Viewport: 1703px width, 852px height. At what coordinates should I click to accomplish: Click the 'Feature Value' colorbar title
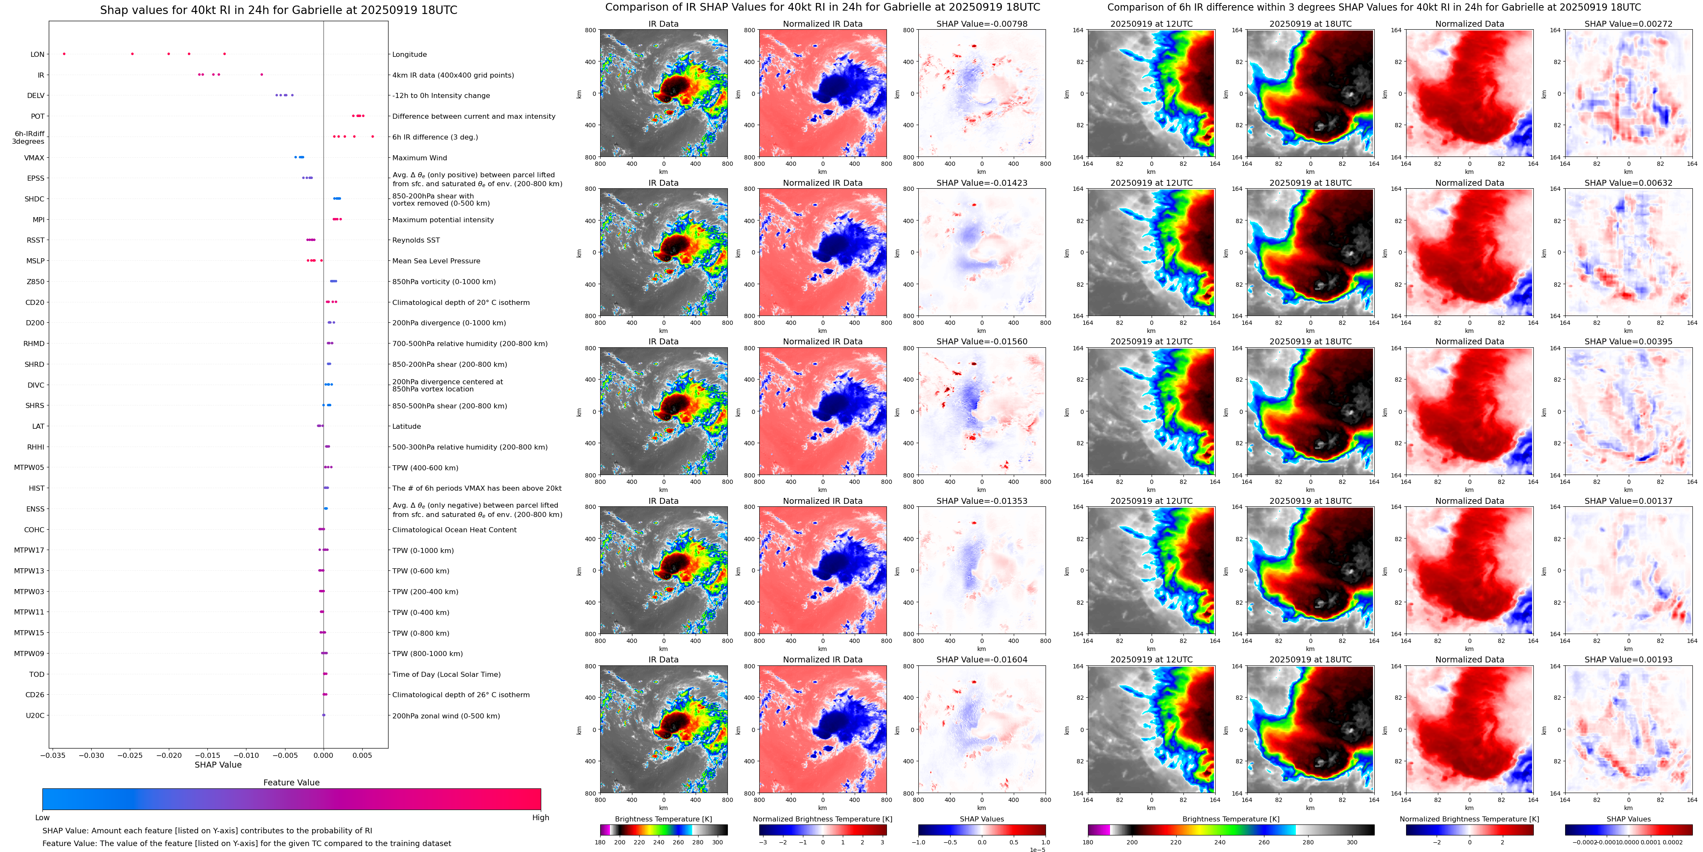coord(291,782)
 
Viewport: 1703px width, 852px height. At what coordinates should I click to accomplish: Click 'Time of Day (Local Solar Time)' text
coord(446,675)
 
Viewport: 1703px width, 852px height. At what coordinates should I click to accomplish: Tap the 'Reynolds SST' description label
coord(415,240)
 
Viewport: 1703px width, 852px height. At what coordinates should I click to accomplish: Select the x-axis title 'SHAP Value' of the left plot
coord(218,765)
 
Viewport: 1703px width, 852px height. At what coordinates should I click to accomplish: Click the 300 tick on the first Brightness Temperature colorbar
coord(717,842)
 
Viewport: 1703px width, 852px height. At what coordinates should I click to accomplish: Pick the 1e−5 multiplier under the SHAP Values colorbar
coord(1037,849)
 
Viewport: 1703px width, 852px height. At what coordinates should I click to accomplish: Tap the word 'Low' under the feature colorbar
coord(42,818)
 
